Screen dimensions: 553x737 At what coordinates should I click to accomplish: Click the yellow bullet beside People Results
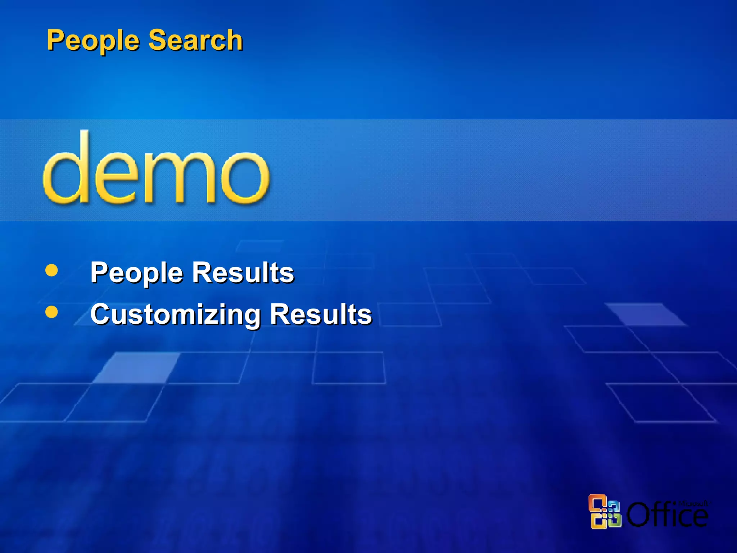coord(52,270)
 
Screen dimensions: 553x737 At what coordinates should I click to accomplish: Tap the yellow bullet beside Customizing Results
coord(52,312)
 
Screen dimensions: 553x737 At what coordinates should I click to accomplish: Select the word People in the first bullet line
coord(137,273)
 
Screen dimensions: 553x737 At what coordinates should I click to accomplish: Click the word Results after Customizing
coord(321,314)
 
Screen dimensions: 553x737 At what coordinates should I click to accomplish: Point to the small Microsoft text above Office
coord(692,503)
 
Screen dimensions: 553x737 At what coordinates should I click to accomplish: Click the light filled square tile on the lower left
coord(137,367)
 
